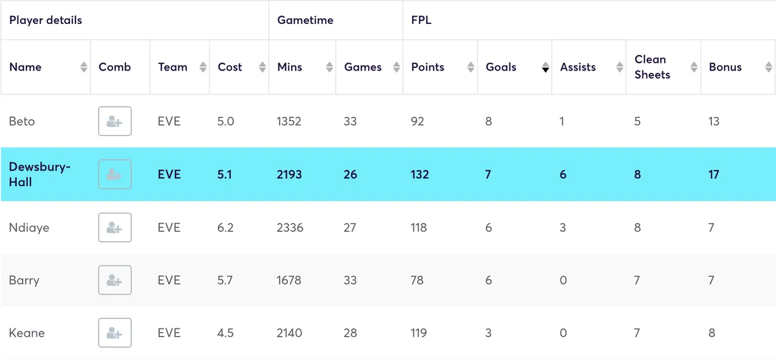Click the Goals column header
[x=501, y=67]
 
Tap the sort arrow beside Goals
[x=545, y=67]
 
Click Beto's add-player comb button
[x=115, y=122]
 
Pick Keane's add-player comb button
[x=115, y=333]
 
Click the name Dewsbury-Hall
[x=39, y=175]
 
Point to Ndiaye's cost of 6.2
[x=226, y=228]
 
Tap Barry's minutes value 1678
[x=289, y=281]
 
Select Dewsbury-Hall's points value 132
[x=420, y=175]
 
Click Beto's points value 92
[x=418, y=122]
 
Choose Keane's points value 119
[x=418, y=333]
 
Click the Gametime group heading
[x=305, y=20]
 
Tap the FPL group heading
[x=421, y=20]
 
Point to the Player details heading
[x=45, y=20]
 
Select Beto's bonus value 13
[x=713, y=122]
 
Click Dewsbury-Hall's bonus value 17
[x=713, y=175]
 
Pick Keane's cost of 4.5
[x=226, y=333]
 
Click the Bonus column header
[x=725, y=67]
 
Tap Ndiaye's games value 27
[x=350, y=228]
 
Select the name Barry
[x=24, y=281]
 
